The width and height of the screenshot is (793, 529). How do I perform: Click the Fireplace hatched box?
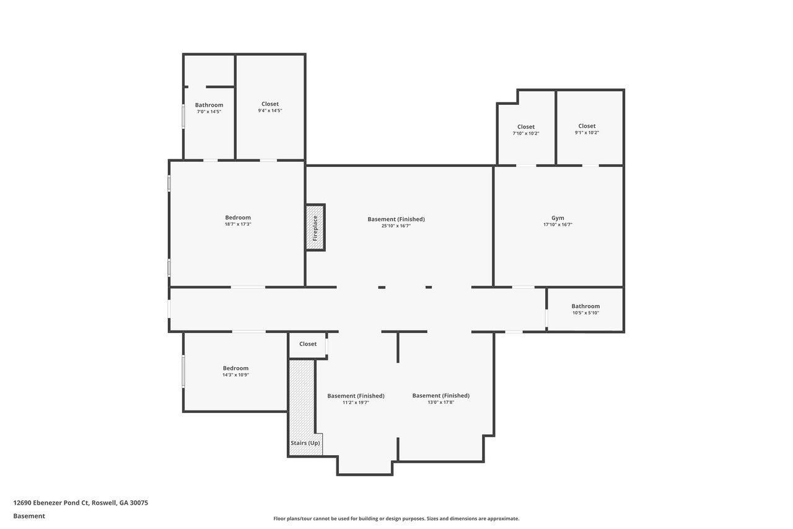[315, 228]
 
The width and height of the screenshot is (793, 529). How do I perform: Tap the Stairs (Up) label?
[305, 443]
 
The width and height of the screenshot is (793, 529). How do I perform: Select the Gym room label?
[558, 218]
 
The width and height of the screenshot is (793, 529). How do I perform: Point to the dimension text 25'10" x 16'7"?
[396, 226]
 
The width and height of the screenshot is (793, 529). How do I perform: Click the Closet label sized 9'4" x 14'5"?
[269, 104]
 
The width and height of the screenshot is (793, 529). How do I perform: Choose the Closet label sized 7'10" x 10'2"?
[526, 127]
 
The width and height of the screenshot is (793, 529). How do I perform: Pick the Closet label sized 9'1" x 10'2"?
[587, 126]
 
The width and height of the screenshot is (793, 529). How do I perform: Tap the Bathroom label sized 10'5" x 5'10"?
[585, 306]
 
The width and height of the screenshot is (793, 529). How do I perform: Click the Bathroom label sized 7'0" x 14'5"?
[209, 105]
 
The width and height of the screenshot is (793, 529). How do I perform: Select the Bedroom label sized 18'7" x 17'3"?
[238, 218]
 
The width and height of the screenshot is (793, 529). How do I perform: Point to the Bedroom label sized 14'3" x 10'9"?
[235, 368]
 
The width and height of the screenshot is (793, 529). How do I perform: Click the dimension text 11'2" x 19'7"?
[356, 402]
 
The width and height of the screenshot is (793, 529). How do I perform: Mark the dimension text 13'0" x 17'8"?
[440, 402]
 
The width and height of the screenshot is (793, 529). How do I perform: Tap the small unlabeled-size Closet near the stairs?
[308, 344]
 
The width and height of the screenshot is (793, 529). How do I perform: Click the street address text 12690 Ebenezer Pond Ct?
[51, 503]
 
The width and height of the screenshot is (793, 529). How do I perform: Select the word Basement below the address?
[29, 516]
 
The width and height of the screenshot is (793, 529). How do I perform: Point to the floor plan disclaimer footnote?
[396, 518]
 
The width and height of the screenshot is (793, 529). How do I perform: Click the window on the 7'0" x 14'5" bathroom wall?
[183, 116]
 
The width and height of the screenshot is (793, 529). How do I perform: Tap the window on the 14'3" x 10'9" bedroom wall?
[183, 371]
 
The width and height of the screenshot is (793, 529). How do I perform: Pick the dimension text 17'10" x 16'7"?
[558, 224]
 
